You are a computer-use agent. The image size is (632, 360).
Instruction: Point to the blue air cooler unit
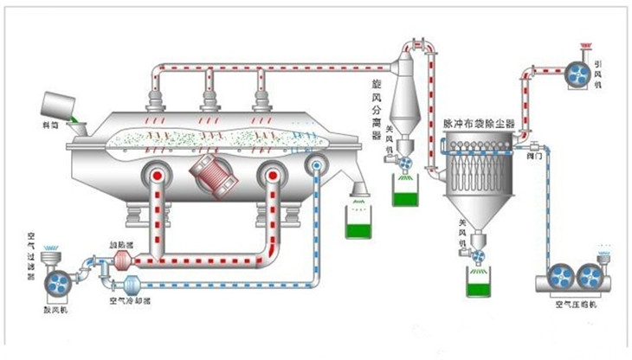(132, 285)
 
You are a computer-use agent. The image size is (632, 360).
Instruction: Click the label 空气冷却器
(130, 301)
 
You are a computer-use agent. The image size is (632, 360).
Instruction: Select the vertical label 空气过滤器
(31, 250)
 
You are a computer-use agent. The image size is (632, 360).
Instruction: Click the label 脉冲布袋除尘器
(478, 125)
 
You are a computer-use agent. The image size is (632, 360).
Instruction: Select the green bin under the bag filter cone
(479, 283)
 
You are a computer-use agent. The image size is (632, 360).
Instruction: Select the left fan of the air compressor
(559, 277)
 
